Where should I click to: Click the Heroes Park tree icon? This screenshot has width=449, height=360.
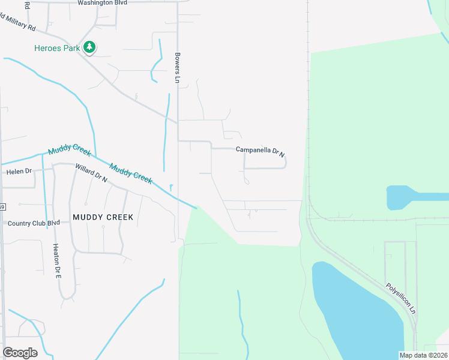coord(89,47)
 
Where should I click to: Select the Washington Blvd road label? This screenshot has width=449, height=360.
coord(103,3)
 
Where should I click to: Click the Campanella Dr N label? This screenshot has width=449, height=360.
coord(260,150)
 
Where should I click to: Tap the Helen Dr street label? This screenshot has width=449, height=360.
coord(19,172)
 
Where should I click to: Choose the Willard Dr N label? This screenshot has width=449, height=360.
coord(91,173)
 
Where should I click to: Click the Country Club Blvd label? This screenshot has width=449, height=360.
coord(34,223)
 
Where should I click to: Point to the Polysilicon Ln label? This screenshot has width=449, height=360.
coord(400,299)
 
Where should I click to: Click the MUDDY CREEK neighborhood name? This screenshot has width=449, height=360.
coord(102,217)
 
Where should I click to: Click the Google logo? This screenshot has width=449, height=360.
coord(20,353)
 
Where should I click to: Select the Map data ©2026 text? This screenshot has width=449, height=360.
coord(423,355)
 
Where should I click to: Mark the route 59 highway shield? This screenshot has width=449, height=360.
coord(2,207)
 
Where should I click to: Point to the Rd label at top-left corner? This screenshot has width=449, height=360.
coord(27,5)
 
